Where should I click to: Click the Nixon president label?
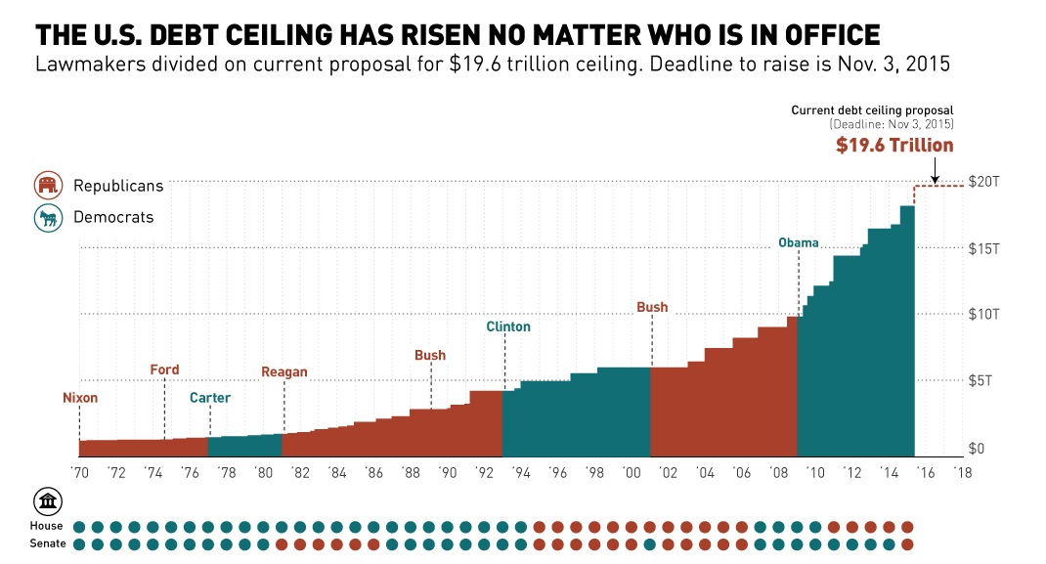click(80, 398)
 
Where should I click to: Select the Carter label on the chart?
click(210, 398)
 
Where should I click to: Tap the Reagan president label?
click(284, 371)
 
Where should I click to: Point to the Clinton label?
click(508, 326)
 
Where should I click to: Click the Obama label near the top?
click(799, 242)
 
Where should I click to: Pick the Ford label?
click(164, 369)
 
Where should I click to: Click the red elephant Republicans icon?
click(48, 186)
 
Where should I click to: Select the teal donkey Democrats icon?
click(48, 217)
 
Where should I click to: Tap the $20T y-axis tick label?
click(982, 182)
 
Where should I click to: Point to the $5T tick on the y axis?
click(982, 380)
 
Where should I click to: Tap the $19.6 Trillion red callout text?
click(893, 146)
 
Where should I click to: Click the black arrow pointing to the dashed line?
click(935, 173)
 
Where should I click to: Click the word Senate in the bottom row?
click(48, 543)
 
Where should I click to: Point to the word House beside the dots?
click(48, 526)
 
